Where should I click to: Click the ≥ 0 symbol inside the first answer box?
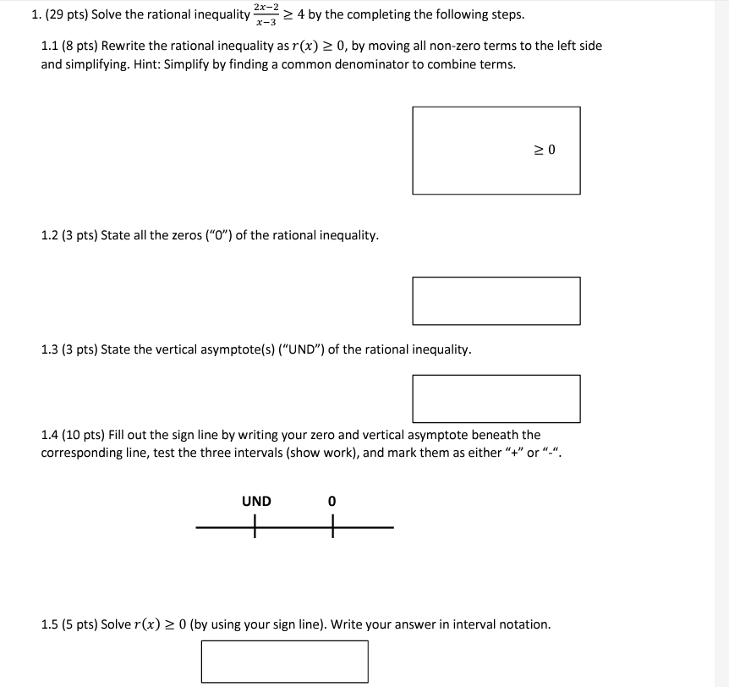click(x=545, y=151)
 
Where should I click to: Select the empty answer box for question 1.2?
click(x=496, y=300)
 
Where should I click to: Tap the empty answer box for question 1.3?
click(x=496, y=398)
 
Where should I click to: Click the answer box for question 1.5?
click(x=284, y=661)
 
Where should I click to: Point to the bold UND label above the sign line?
click(x=256, y=502)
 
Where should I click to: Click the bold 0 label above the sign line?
click(x=332, y=502)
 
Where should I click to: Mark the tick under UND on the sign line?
click(x=255, y=529)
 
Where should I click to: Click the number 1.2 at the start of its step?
click(x=51, y=235)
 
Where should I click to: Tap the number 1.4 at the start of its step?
click(x=51, y=435)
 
